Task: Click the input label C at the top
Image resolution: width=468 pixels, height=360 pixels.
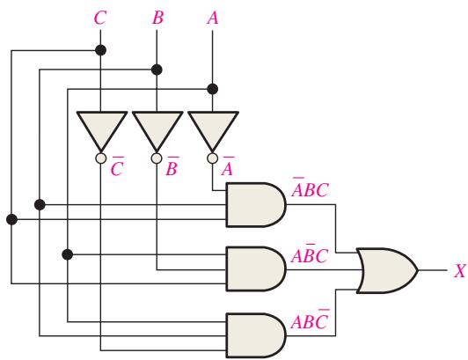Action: [x=100, y=18]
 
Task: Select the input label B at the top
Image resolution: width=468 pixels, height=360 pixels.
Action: [x=157, y=18]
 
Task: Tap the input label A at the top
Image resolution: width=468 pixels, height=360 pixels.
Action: [x=213, y=18]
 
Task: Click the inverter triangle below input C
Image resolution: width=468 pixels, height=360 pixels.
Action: [x=102, y=129]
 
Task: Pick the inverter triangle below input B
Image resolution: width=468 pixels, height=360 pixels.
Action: [x=157, y=129]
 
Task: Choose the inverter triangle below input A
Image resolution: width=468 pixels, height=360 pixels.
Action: [x=213, y=129]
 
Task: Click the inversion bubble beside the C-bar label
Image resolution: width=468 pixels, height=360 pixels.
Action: [x=101, y=158]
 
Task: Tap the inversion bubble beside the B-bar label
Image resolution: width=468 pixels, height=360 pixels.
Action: [x=157, y=158]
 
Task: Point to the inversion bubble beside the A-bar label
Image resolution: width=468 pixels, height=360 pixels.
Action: [x=212, y=158]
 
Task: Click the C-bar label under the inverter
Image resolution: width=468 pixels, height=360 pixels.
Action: [x=117, y=166]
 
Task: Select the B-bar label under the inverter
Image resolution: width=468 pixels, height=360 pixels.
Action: [x=172, y=166]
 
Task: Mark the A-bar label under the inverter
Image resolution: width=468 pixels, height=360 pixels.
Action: [x=228, y=166]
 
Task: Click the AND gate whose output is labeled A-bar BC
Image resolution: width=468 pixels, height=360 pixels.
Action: [x=256, y=205]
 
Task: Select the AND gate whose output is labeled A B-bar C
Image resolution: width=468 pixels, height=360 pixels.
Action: [x=256, y=268]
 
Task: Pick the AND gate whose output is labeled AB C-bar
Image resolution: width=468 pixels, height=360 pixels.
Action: [x=256, y=335]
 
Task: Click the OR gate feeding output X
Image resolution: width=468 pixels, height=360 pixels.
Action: [x=387, y=270]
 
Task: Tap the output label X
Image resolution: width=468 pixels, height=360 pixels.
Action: [x=460, y=271]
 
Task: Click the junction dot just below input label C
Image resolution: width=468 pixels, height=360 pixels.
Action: [x=100, y=50]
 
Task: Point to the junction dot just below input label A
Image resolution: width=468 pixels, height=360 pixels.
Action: [x=213, y=89]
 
